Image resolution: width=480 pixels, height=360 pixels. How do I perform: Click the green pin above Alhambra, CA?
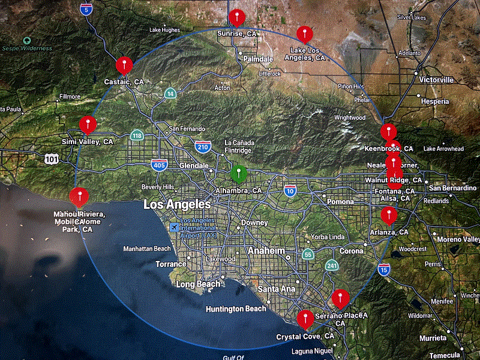(239, 173)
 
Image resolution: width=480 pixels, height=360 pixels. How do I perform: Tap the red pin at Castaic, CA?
(124, 65)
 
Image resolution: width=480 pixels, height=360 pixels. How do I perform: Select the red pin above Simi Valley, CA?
(88, 125)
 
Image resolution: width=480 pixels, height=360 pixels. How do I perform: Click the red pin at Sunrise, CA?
(238, 17)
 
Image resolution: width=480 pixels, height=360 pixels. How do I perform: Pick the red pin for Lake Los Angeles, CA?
(305, 34)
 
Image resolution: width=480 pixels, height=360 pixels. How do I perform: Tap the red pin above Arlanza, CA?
(389, 214)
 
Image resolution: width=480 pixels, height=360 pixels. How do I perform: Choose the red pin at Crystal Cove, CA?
(305, 318)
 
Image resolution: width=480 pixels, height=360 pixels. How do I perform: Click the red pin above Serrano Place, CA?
(341, 298)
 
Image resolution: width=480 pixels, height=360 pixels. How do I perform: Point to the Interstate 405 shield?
(159, 166)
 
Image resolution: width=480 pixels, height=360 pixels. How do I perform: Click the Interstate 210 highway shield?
(202, 146)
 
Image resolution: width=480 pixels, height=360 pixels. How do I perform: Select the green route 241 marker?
(332, 265)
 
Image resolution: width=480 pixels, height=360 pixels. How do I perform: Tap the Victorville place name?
(437, 80)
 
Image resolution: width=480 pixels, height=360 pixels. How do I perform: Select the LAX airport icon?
(174, 227)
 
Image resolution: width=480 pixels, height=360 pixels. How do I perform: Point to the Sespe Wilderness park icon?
(26, 41)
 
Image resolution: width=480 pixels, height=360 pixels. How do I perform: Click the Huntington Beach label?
(236, 309)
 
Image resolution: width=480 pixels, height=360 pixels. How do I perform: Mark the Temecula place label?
(445, 355)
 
